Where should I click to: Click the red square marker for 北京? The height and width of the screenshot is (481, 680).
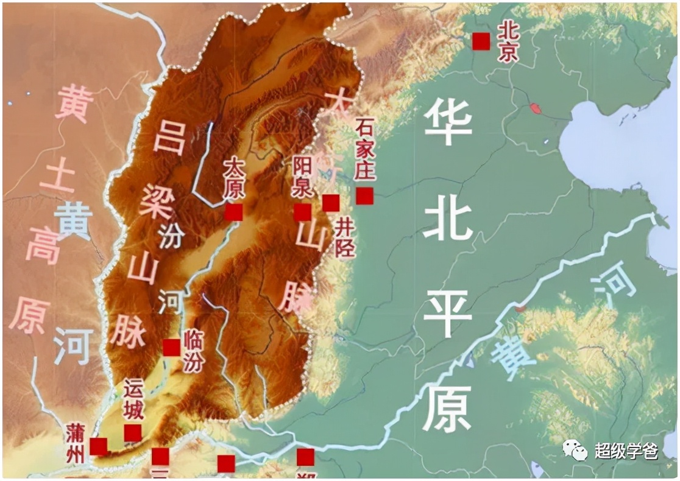[x=481, y=41]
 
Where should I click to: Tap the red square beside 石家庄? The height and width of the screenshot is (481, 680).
[x=365, y=196]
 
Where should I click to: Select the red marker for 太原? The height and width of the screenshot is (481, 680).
[x=233, y=212]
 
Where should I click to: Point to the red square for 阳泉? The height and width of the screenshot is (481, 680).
[x=302, y=212]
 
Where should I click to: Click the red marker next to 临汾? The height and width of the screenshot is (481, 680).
[x=171, y=348]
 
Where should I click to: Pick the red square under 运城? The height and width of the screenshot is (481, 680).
[x=133, y=433]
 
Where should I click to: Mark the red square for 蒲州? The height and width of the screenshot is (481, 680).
[x=99, y=446]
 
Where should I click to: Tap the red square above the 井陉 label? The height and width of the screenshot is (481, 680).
[x=331, y=203]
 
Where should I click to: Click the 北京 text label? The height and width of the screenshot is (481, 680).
[x=507, y=42]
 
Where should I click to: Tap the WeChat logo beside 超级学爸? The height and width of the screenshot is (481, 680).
[x=575, y=451]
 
